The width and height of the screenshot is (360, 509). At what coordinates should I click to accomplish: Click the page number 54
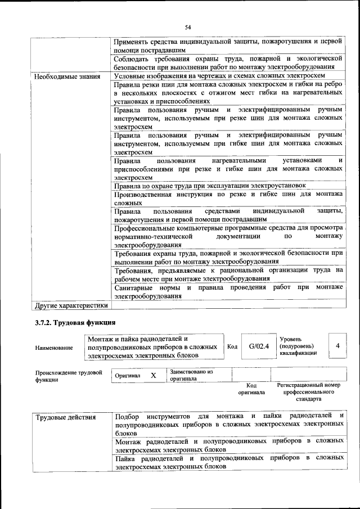pos(188,27)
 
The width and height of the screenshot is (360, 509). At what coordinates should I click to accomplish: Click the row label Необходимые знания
pos(67,76)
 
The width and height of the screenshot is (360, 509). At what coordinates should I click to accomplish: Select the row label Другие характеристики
pos(71,305)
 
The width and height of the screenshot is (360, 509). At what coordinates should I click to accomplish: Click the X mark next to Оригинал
pos(153,375)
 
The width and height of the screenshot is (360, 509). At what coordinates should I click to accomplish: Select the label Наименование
pos(54,348)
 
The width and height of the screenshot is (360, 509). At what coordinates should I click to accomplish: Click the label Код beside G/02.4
pos(232,346)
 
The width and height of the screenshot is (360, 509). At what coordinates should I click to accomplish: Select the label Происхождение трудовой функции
pos(68,376)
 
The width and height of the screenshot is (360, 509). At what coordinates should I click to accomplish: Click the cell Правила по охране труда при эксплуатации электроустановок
pos(210,185)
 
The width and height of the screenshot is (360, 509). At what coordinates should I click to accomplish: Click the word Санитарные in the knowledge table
pos(133,287)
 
